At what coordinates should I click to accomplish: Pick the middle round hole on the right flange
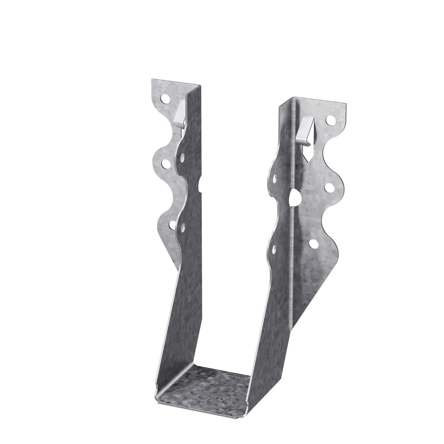tap(328, 187)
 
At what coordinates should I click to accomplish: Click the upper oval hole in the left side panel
tap(182, 158)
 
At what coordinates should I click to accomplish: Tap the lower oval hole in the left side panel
tap(183, 228)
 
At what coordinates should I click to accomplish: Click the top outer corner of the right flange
tap(345, 104)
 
